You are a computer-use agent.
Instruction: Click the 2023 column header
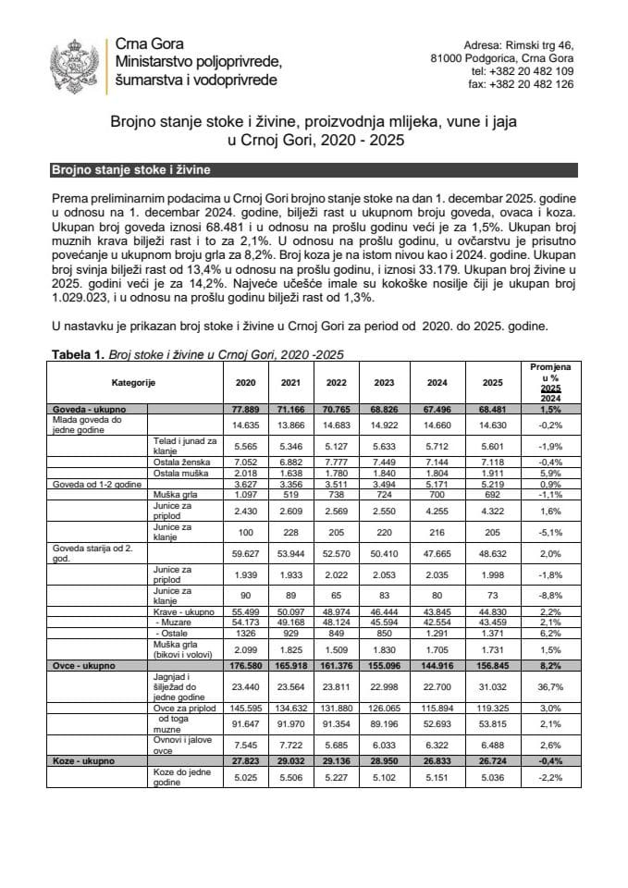pos(383,382)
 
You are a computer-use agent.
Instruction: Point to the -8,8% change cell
pos(550,595)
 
